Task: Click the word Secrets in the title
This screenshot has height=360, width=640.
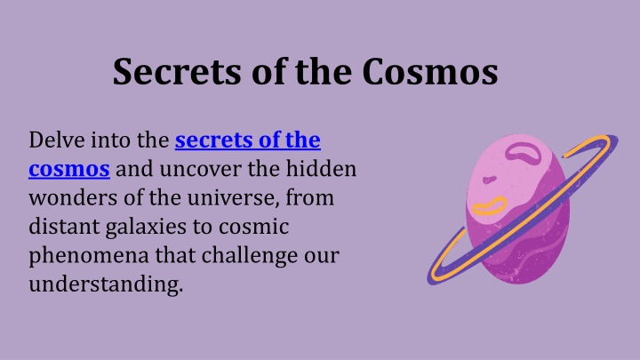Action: click(177, 71)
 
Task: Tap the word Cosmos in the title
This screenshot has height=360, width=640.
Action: click(430, 71)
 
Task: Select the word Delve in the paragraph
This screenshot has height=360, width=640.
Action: click(57, 140)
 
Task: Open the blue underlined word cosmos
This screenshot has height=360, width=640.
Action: click(69, 170)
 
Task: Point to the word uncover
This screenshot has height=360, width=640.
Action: click(200, 170)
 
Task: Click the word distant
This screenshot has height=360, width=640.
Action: click(64, 227)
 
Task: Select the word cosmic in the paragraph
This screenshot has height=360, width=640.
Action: click(254, 227)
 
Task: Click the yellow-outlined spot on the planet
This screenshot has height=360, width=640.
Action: click(490, 206)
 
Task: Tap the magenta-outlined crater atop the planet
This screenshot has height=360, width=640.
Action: click(523, 154)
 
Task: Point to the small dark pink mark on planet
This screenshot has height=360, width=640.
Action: click(490, 180)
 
